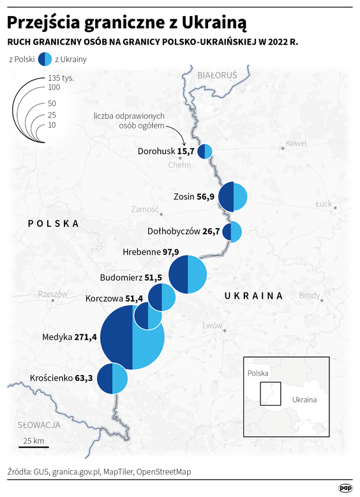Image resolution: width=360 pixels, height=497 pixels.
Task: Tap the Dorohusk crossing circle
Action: pyautogui.click(x=204, y=151)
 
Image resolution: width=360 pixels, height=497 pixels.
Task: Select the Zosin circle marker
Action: pyautogui.click(x=233, y=197)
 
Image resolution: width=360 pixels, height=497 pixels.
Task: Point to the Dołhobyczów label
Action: pyautogui.click(x=174, y=231)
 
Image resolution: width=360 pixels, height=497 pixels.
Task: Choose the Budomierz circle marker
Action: pyautogui.click(x=162, y=297)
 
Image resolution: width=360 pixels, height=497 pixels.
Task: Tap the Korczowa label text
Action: pyautogui.click(x=105, y=298)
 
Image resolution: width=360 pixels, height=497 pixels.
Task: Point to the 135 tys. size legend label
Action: pyautogui.click(x=62, y=77)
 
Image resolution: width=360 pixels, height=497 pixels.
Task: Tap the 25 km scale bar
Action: pyautogui.click(x=33, y=446)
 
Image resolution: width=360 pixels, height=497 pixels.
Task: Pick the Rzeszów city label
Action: pyautogui.click(x=53, y=294)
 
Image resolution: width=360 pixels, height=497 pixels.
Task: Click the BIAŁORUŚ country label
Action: pyautogui.click(x=217, y=75)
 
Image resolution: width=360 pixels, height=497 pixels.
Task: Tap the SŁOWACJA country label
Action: pyautogui.click(x=39, y=424)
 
